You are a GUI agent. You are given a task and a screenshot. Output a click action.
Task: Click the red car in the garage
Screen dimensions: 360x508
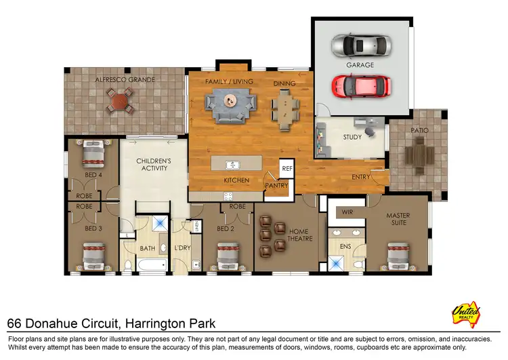point(361,86)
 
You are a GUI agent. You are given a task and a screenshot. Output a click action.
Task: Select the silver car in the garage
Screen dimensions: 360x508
point(361,46)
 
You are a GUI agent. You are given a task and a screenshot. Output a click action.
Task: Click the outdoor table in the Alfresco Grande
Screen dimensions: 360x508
point(119,102)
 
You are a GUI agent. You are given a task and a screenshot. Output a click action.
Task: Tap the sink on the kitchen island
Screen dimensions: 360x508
point(232,165)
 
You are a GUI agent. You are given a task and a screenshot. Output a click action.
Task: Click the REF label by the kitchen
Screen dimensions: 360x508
point(287,167)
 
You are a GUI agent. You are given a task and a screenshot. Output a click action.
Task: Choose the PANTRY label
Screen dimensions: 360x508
point(277,185)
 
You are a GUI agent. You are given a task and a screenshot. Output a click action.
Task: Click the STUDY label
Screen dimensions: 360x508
point(352,136)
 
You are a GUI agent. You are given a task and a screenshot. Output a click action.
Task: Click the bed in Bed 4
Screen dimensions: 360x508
point(92,155)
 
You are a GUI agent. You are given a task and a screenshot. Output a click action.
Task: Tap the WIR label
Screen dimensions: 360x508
point(347,212)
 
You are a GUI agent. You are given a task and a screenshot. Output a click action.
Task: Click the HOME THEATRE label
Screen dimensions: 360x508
point(299,236)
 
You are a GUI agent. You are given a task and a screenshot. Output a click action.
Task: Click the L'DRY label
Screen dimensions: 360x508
point(182,247)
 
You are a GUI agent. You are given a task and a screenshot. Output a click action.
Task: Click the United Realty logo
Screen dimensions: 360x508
point(466,314)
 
